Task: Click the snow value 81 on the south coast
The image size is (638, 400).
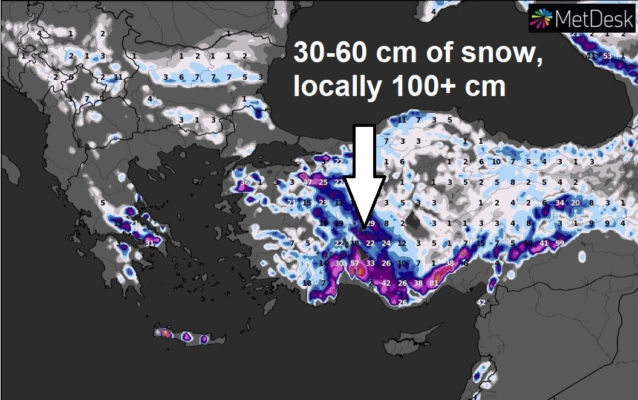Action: click(x=434, y=283)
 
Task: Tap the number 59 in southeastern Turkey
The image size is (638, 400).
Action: click(x=559, y=244)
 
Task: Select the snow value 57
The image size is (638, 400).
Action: click(x=355, y=263)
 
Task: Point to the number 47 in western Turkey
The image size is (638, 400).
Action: click(x=307, y=182)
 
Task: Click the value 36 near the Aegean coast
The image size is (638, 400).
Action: click(x=244, y=182)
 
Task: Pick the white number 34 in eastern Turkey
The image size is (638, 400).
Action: click(x=560, y=203)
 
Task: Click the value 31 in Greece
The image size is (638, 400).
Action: click(x=149, y=244)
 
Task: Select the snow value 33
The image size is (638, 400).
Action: click(x=370, y=263)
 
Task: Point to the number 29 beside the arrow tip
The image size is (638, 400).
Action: click(x=371, y=224)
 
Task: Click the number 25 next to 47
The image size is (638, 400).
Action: click(x=323, y=182)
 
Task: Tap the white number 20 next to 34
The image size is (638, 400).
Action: click(x=576, y=203)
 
